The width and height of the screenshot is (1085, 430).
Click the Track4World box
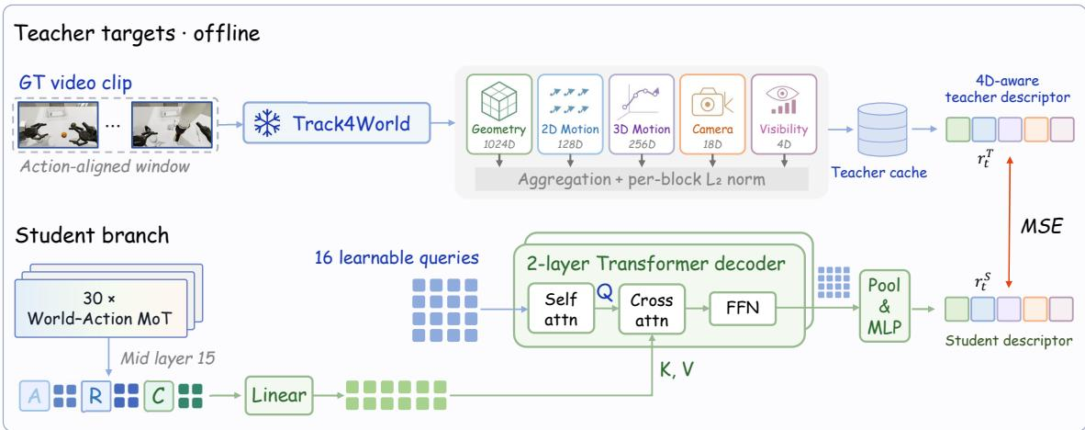click(336, 123)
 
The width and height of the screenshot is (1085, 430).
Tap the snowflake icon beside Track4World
click(267, 123)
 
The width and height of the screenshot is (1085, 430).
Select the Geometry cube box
click(498, 114)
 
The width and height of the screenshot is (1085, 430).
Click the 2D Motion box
click(570, 114)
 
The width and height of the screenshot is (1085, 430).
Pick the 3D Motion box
click(642, 114)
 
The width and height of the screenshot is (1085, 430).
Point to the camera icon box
click(712, 114)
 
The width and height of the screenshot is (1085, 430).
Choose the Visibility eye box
click(783, 114)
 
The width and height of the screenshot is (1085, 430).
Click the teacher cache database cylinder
click(881, 130)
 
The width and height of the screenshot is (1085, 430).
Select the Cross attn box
click(652, 309)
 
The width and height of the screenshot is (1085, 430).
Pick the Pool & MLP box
click(884, 305)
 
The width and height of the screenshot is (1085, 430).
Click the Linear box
click(279, 395)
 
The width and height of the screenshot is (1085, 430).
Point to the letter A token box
click(35, 396)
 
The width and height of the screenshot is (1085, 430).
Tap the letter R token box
click(95, 396)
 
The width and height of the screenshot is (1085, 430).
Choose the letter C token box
click(159, 396)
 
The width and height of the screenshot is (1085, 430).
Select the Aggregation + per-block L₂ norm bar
click(642, 178)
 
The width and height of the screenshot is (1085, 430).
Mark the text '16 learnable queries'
click(397, 258)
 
